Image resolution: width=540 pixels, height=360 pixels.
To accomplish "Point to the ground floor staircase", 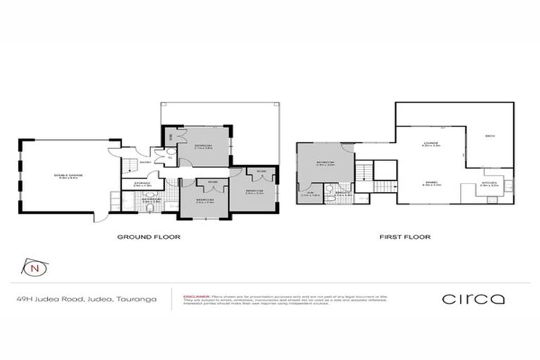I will [x=129, y=166].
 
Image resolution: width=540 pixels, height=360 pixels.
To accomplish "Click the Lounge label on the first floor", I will [x=430, y=143].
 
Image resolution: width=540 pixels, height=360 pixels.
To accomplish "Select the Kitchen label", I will [x=489, y=184].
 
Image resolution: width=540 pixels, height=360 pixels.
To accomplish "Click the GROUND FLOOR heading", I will [x=148, y=238].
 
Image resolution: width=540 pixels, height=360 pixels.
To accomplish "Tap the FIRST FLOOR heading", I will [x=406, y=238].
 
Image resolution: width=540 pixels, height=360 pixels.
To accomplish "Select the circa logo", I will [x=473, y=299].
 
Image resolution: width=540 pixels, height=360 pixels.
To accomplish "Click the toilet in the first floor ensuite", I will [x=331, y=200].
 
